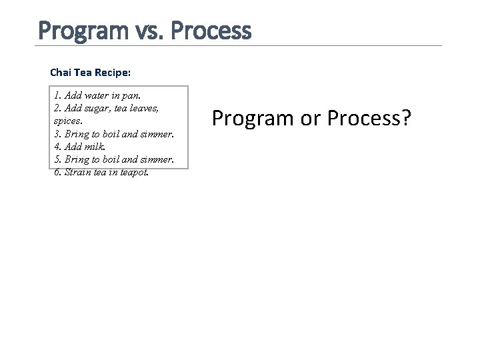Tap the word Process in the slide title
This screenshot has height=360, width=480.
210,30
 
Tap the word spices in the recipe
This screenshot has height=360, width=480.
67,121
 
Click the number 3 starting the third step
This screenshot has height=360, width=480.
57,134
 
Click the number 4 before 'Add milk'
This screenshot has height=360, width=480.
57,147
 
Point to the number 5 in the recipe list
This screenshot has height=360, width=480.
57,159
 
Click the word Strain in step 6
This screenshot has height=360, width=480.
77,172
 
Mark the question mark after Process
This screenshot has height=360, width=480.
407,118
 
